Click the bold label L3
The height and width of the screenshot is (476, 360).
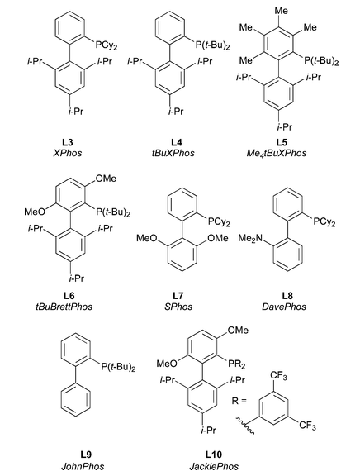(x=68, y=142)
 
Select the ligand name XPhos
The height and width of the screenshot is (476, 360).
(x=68, y=153)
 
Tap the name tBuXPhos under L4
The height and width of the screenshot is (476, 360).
(x=173, y=153)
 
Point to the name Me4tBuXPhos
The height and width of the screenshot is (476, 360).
(x=277, y=153)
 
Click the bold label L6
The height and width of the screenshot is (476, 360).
(x=69, y=295)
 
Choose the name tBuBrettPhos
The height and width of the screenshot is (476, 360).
(x=64, y=307)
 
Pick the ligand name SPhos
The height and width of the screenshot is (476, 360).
(x=178, y=307)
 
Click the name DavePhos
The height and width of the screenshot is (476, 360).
(x=284, y=307)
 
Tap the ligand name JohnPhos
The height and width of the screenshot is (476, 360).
(x=83, y=466)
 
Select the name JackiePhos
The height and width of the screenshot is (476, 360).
(x=214, y=466)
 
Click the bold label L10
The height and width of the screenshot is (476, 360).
(x=214, y=455)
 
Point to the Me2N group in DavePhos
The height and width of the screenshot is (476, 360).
(x=250, y=238)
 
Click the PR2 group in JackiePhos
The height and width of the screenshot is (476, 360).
(x=237, y=364)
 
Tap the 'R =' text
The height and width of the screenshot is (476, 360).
(x=239, y=401)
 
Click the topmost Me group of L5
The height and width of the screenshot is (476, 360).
(x=281, y=10)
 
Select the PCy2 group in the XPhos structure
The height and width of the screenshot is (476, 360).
(x=107, y=45)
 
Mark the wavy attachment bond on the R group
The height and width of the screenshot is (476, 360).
(x=244, y=425)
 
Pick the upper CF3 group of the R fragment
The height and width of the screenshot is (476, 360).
(x=278, y=377)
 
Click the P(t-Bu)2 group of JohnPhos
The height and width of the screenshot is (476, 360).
(x=118, y=367)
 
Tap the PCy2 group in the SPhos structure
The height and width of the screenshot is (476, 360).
(x=219, y=222)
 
